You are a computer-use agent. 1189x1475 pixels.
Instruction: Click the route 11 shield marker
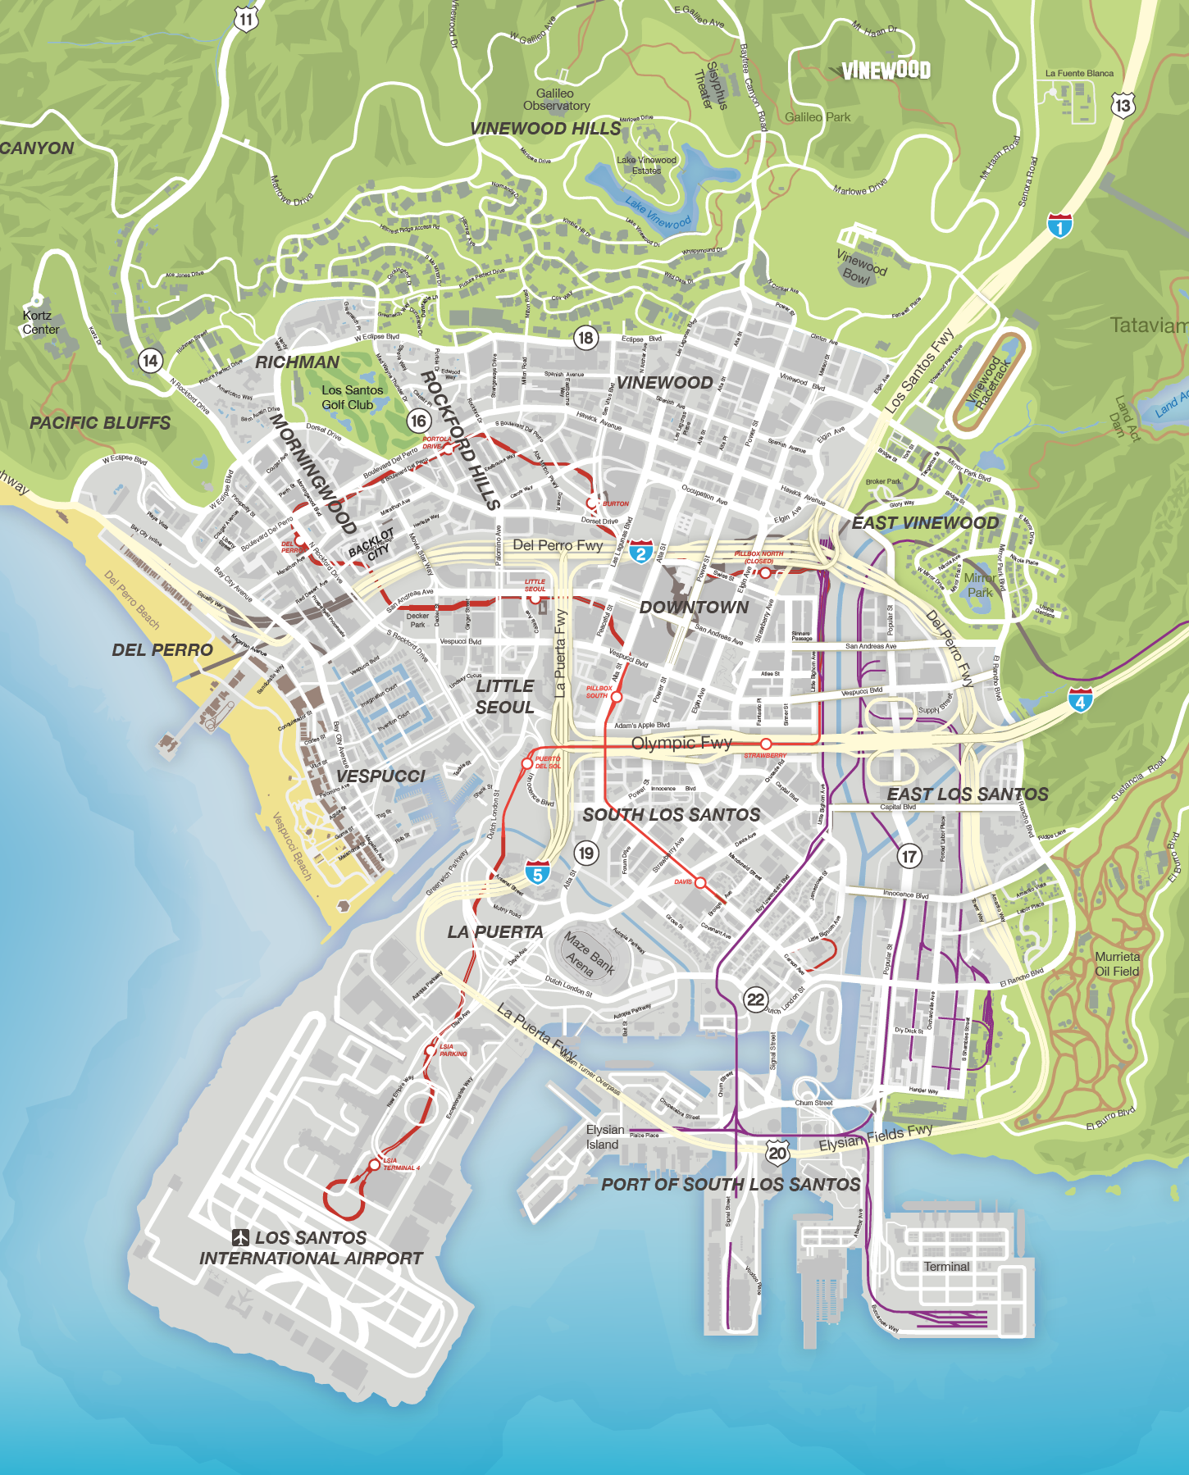click(x=246, y=18)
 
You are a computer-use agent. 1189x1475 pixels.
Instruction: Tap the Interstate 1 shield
click(x=1059, y=225)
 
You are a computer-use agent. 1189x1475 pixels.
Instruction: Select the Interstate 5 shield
click(x=537, y=873)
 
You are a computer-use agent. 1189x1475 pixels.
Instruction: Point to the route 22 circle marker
click(x=755, y=999)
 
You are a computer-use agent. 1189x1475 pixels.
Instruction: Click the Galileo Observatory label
click(x=556, y=99)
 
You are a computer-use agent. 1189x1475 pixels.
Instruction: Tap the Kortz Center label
click(x=40, y=322)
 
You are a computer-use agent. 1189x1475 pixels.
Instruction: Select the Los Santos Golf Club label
click(x=352, y=398)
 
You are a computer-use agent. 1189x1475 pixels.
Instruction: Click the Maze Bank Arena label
click(x=589, y=954)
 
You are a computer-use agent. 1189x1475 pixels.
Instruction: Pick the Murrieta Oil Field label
click(x=1117, y=964)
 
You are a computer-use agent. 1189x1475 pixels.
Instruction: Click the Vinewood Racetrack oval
click(x=988, y=380)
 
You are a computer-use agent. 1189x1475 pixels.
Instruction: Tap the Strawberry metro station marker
click(x=766, y=744)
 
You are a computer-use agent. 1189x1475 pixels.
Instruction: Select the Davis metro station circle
click(x=700, y=883)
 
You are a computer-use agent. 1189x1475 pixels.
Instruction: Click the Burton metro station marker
click(x=591, y=503)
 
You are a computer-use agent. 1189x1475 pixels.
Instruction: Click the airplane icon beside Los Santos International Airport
click(x=240, y=1237)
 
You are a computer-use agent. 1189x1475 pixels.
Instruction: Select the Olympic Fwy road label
click(x=681, y=743)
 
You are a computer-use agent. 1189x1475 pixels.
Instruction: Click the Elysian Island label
click(x=604, y=1137)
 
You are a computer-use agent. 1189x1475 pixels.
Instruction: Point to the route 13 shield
click(x=1123, y=105)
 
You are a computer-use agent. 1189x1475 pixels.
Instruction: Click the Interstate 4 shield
click(x=1080, y=701)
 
